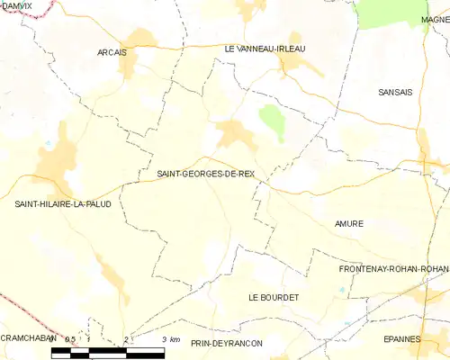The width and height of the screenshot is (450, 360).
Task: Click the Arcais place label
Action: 112,52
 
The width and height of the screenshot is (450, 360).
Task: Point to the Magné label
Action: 435,19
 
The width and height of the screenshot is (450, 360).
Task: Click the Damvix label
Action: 14,5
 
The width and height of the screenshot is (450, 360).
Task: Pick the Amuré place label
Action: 348,223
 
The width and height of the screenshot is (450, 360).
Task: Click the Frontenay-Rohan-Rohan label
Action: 393,269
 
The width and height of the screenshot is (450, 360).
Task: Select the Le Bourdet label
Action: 274,297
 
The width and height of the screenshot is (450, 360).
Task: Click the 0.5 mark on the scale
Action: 69,339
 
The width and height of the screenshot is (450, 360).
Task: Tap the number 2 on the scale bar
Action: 127,339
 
